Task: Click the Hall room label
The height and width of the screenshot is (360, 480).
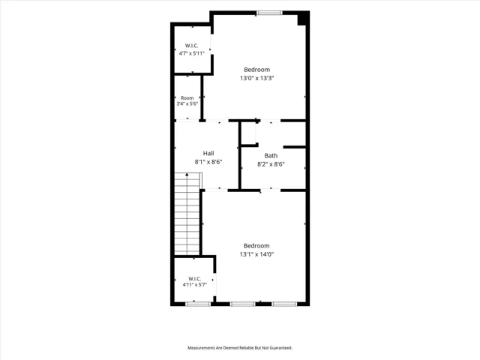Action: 208,153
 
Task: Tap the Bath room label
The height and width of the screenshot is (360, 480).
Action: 271,156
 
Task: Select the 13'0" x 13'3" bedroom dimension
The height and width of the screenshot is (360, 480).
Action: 256,78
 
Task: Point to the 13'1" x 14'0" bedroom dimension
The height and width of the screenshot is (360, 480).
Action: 256,254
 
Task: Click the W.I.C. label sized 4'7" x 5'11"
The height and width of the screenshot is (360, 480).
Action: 192,46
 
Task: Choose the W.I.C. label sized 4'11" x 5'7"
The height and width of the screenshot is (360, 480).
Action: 195,279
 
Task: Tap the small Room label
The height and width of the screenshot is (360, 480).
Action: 187,98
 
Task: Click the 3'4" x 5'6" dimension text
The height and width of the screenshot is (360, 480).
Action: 187,103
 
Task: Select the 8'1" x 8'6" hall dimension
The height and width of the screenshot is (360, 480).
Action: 208,162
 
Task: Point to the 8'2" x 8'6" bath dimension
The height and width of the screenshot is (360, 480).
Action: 271,164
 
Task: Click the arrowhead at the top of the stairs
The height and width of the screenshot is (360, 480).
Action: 187,175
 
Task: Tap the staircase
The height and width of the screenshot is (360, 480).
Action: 187,214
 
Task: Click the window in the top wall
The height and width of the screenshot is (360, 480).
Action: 269,13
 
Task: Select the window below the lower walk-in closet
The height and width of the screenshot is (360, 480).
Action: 198,304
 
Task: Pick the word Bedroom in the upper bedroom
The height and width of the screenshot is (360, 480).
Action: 256,70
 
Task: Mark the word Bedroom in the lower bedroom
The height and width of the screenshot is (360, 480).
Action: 256,245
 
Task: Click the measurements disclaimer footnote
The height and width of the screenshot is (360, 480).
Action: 240,348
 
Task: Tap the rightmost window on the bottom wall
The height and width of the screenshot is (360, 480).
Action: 284,304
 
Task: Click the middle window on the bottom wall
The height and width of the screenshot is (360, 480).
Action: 242,304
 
